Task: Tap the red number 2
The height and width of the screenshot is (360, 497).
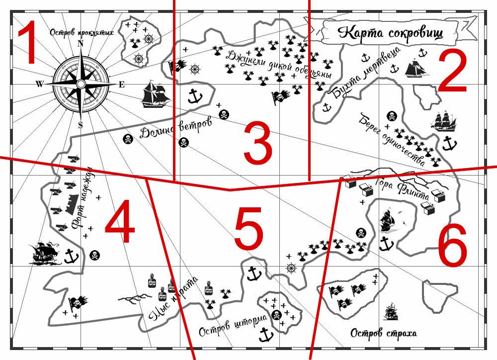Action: [453, 71]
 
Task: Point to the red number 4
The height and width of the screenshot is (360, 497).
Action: [120, 221]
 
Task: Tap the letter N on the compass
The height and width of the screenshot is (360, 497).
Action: [81, 44]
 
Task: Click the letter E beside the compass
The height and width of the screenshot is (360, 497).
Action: [122, 85]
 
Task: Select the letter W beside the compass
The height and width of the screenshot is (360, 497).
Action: [39, 84]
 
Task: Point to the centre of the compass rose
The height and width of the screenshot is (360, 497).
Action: [81, 84]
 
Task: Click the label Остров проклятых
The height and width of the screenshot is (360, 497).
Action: [82, 32]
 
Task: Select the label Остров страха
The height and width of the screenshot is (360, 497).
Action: [384, 333]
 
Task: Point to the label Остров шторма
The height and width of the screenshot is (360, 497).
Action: [233, 325]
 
